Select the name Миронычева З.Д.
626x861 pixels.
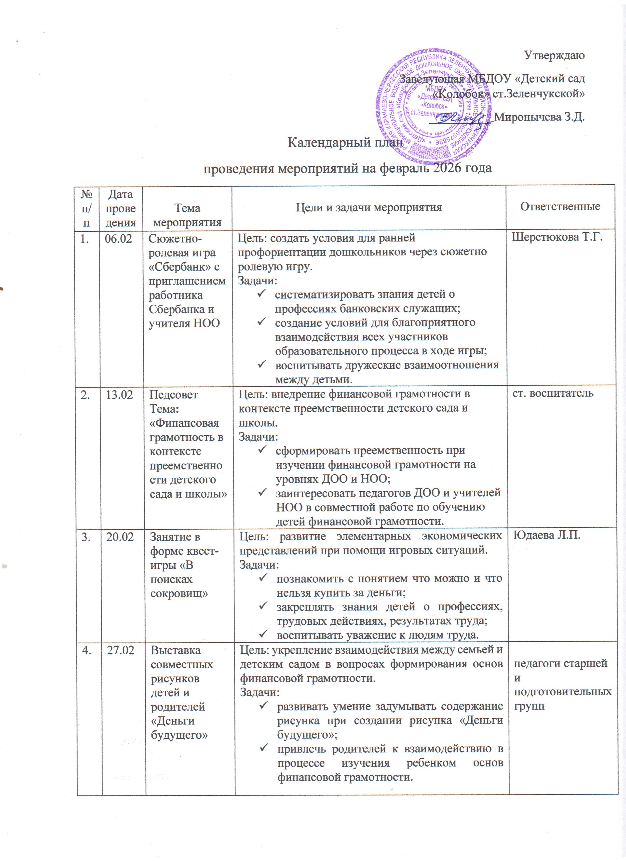(x=539, y=117)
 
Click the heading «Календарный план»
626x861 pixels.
(x=345, y=143)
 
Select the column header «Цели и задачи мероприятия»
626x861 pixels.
(x=369, y=207)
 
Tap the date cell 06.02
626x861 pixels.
(x=118, y=239)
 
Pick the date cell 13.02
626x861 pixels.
(x=119, y=395)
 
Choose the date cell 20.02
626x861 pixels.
(x=120, y=537)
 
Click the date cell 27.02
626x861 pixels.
(x=121, y=650)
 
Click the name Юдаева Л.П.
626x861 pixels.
(x=547, y=535)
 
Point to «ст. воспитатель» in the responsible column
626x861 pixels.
(x=553, y=393)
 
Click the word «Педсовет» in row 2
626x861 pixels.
(x=174, y=395)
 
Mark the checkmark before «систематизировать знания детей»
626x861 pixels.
(x=261, y=294)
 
